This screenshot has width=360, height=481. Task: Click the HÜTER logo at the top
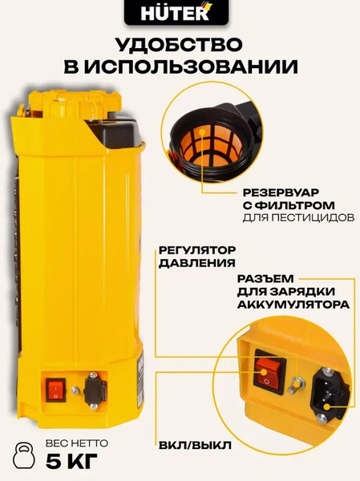point(180,14)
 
